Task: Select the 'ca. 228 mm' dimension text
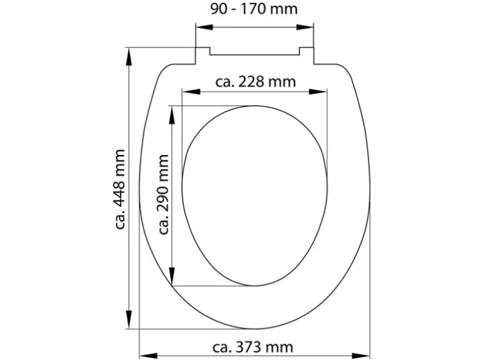255,82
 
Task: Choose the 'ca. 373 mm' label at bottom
256,348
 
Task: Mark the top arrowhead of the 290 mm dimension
173,112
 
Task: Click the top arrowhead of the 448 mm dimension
130,54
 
